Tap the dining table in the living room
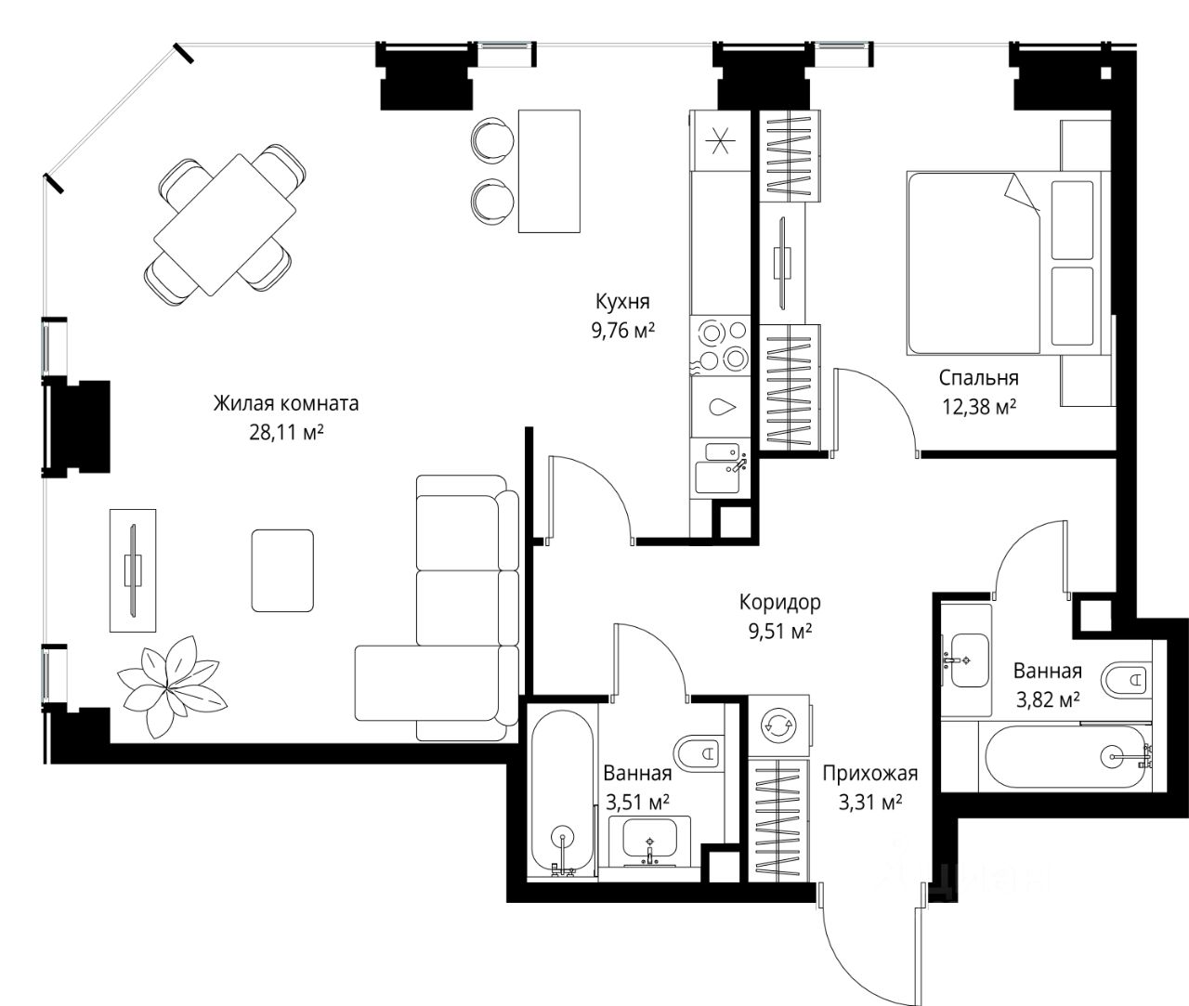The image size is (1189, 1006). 225,225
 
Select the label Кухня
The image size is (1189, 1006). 622,301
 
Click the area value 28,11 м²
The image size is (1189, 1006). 286,432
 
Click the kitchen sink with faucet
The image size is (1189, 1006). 720,468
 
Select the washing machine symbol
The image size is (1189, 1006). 778,725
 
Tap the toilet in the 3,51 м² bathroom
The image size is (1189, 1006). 699,751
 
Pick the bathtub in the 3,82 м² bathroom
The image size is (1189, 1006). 1066,757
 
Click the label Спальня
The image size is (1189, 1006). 978,378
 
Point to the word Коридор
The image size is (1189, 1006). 779,602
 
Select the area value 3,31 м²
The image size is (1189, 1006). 869,803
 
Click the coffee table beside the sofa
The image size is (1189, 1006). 282,570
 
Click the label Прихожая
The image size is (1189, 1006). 869,774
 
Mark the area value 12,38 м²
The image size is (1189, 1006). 978,407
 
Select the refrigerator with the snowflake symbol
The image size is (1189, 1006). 721,141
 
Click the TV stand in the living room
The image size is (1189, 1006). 133,570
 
